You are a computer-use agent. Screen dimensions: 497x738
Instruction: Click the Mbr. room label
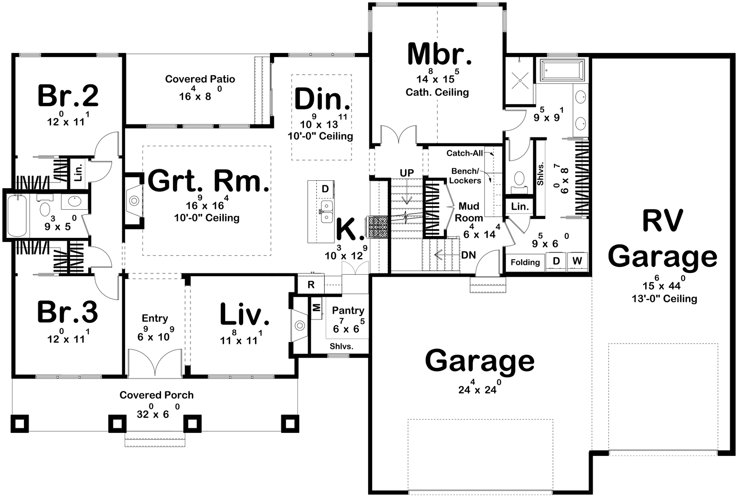pos(439,54)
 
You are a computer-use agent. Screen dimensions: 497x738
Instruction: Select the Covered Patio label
pos(200,79)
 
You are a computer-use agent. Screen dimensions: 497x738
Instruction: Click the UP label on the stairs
pos(406,173)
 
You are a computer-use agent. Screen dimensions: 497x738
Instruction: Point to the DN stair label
pos(468,255)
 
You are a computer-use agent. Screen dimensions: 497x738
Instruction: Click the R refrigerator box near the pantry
pos(311,284)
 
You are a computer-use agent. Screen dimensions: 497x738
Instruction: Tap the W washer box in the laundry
pos(577,261)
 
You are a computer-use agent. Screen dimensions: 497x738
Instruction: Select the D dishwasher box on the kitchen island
pos(325,189)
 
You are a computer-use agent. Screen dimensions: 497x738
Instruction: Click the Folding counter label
pos(525,262)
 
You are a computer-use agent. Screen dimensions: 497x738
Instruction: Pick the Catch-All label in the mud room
pos(464,153)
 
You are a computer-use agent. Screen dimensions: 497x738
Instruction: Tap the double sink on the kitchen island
pos(326,211)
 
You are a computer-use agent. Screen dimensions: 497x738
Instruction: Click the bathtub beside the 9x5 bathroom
pos(17,216)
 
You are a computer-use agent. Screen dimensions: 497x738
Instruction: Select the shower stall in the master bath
pos(519,81)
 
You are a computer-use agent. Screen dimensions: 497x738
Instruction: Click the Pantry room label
pos(348,310)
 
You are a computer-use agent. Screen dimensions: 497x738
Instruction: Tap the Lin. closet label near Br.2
pos(78,172)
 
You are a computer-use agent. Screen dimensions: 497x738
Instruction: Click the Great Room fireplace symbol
pos(134,201)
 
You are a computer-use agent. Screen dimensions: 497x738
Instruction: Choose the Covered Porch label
pos(156,395)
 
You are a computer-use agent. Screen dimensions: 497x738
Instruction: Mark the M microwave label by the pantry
pos(316,308)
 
